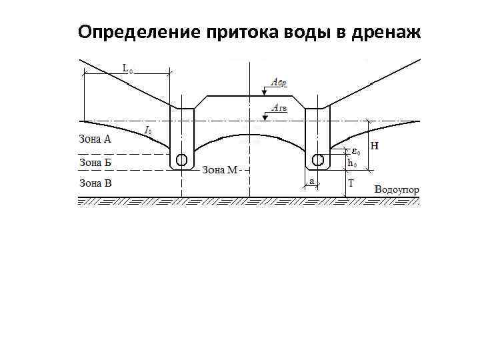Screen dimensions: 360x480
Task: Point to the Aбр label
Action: (279, 82)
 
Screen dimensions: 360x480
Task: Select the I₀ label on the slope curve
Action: (148, 130)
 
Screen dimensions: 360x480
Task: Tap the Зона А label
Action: (95, 140)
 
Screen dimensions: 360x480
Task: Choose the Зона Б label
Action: (95, 161)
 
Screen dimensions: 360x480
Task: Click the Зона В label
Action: (95, 182)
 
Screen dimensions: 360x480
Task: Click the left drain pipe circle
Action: (181, 160)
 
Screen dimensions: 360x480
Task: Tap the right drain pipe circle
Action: (318, 160)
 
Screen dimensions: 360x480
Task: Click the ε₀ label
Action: (357, 151)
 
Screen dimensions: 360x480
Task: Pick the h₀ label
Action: (353, 163)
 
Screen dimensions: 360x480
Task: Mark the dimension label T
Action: (351, 182)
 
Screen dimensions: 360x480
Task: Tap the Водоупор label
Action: (397, 189)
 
